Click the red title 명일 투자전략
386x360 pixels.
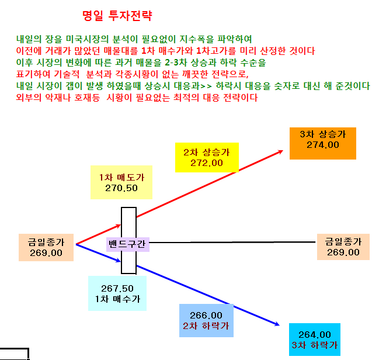(x=117, y=16)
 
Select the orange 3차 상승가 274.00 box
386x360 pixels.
(x=323, y=143)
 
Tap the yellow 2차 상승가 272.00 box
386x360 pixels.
(x=207, y=157)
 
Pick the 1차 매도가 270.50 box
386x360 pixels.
(x=121, y=182)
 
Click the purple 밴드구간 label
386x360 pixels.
(x=127, y=244)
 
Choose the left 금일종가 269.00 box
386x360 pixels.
(x=46, y=247)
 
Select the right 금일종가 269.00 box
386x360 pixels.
(x=343, y=247)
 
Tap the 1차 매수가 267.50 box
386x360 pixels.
(x=117, y=293)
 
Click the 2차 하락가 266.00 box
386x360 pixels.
(x=206, y=320)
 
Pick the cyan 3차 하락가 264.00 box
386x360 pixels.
(x=315, y=340)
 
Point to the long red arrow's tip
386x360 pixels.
(x=283, y=151)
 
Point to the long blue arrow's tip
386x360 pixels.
(x=279, y=326)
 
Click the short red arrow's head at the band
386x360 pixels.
(x=121, y=225)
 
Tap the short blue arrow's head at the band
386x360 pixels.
(x=121, y=261)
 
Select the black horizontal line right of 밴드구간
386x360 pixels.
(x=232, y=242)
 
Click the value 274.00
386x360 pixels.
(x=323, y=145)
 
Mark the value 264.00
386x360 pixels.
(x=315, y=335)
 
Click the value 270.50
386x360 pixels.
(x=121, y=188)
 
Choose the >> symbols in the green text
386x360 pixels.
(x=206, y=86)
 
